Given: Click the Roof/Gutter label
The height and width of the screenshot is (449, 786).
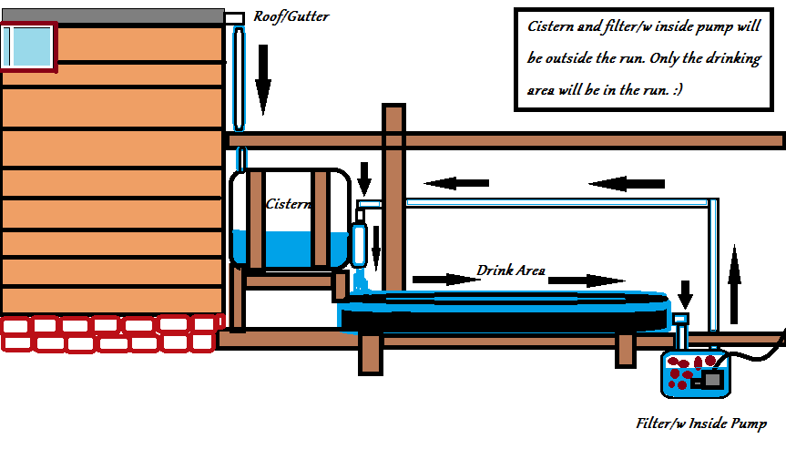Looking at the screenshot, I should click(291, 16).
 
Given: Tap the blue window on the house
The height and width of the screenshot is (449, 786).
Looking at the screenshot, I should click(27, 46).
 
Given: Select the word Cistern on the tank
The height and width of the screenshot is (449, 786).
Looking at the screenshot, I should click(289, 205).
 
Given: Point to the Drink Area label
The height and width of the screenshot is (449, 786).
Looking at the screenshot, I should click(511, 270).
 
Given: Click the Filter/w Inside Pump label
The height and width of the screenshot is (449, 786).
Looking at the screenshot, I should click(700, 423).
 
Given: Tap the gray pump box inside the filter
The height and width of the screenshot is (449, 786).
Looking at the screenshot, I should click(710, 377).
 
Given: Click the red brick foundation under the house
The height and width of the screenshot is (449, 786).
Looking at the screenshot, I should click(109, 333).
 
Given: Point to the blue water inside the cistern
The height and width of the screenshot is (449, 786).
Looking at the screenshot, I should click(291, 248).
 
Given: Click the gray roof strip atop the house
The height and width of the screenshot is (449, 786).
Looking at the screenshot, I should click(112, 15).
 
